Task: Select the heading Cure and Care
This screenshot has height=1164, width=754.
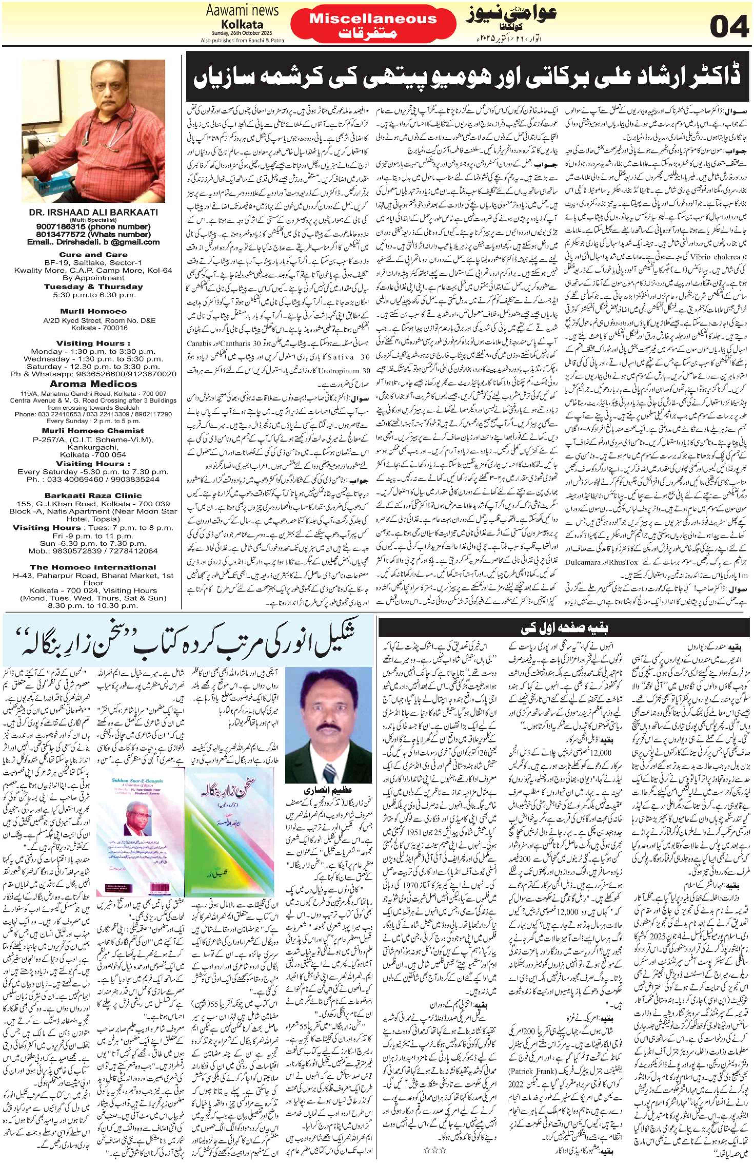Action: [x=93, y=255]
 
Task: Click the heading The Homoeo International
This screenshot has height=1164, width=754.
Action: [x=93, y=567]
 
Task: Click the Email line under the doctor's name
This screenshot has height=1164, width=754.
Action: [x=93, y=242]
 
